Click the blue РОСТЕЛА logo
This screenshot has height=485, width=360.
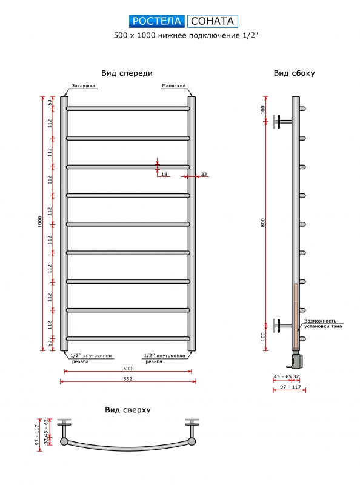click(156, 21)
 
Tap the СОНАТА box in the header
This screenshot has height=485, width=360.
click(213, 21)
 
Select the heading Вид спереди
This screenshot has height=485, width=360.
click(127, 73)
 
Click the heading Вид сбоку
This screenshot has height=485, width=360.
click(294, 73)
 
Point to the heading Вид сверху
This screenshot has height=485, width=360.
click(128, 410)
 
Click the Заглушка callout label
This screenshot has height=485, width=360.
click(83, 85)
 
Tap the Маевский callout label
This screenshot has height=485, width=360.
click(174, 85)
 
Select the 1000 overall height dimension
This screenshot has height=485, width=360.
click(40, 222)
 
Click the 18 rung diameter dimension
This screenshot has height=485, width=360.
click(164, 174)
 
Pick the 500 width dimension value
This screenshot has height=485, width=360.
click(128, 369)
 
